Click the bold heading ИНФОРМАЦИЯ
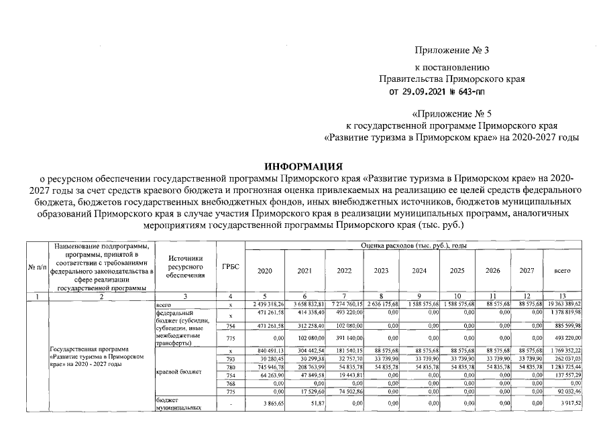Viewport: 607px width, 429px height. (303, 166)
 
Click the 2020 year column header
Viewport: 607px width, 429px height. (266, 271)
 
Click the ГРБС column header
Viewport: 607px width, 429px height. (230, 266)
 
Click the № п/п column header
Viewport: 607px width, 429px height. (36, 267)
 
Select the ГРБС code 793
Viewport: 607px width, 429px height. (230, 359)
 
